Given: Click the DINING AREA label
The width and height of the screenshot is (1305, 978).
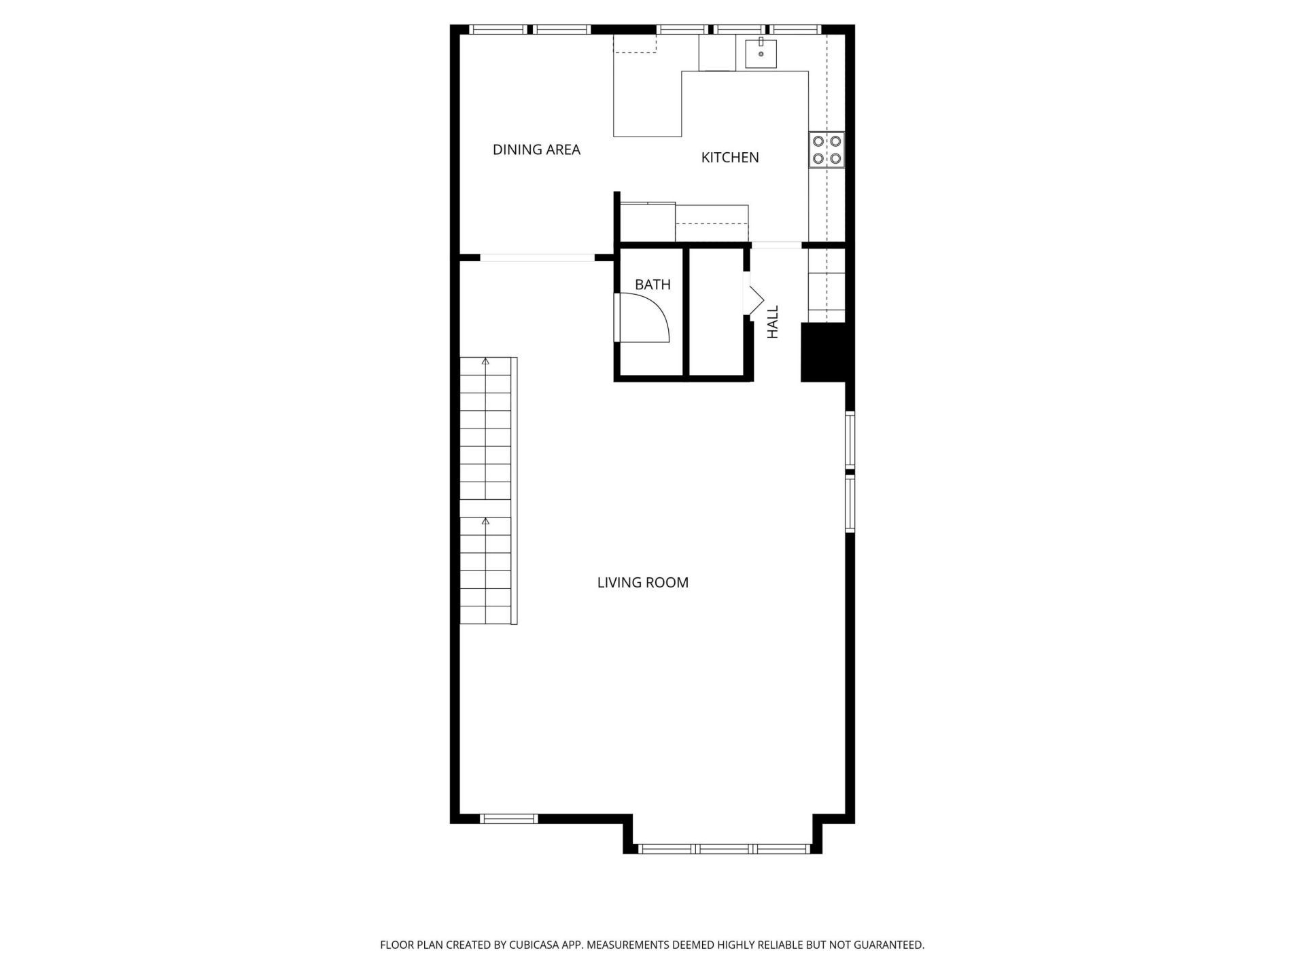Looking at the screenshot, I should tap(536, 149).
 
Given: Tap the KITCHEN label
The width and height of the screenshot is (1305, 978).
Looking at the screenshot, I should tap(730, 158).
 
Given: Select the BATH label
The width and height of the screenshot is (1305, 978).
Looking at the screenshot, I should tap(652, 285).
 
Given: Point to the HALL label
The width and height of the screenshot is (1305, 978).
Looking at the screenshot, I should tap(773, 322).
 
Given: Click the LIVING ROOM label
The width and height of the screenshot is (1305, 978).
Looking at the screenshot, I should tap(642, 583).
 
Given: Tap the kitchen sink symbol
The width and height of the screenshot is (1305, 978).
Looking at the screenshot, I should tap(761, 54).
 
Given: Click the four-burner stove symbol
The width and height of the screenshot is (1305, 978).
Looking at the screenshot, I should tap(826, 150).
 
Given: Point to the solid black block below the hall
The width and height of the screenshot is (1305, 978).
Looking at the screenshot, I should tap(823, 352).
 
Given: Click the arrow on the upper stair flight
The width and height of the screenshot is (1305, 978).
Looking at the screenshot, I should tap(485, 362).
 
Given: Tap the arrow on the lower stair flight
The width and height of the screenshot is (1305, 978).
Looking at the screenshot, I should tap(485, 522).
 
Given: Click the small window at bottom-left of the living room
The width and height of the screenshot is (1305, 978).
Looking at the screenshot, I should tap(508, 818).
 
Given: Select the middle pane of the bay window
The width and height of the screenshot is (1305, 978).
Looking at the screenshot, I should tap(724, 848).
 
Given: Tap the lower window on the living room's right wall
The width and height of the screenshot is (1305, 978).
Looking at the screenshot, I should tap(850, 503).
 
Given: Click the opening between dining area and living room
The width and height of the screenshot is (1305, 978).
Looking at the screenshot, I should tap(537, 257).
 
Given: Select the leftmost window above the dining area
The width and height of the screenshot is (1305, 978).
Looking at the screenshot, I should tap(498, 29).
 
